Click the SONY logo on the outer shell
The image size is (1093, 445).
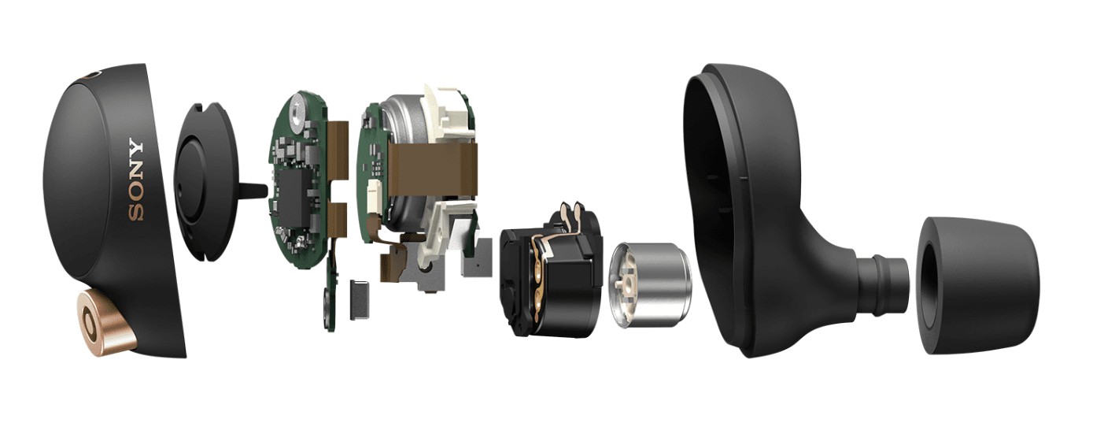click(136, 180)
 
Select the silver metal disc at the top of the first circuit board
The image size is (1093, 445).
click(296, 114)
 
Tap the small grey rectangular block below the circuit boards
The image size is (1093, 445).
click(360, 299)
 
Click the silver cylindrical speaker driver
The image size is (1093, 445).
click(650, 285)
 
